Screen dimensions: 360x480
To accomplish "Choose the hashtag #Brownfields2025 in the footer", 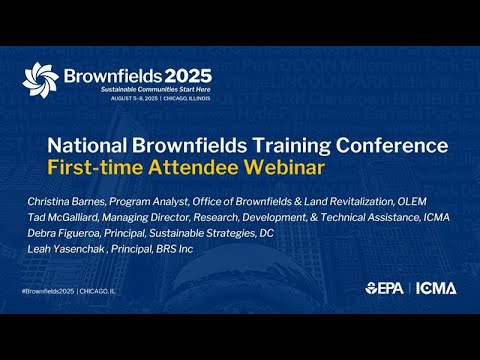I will (x=49, y=289).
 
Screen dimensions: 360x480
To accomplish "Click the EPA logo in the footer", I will (x=385, y=289).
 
